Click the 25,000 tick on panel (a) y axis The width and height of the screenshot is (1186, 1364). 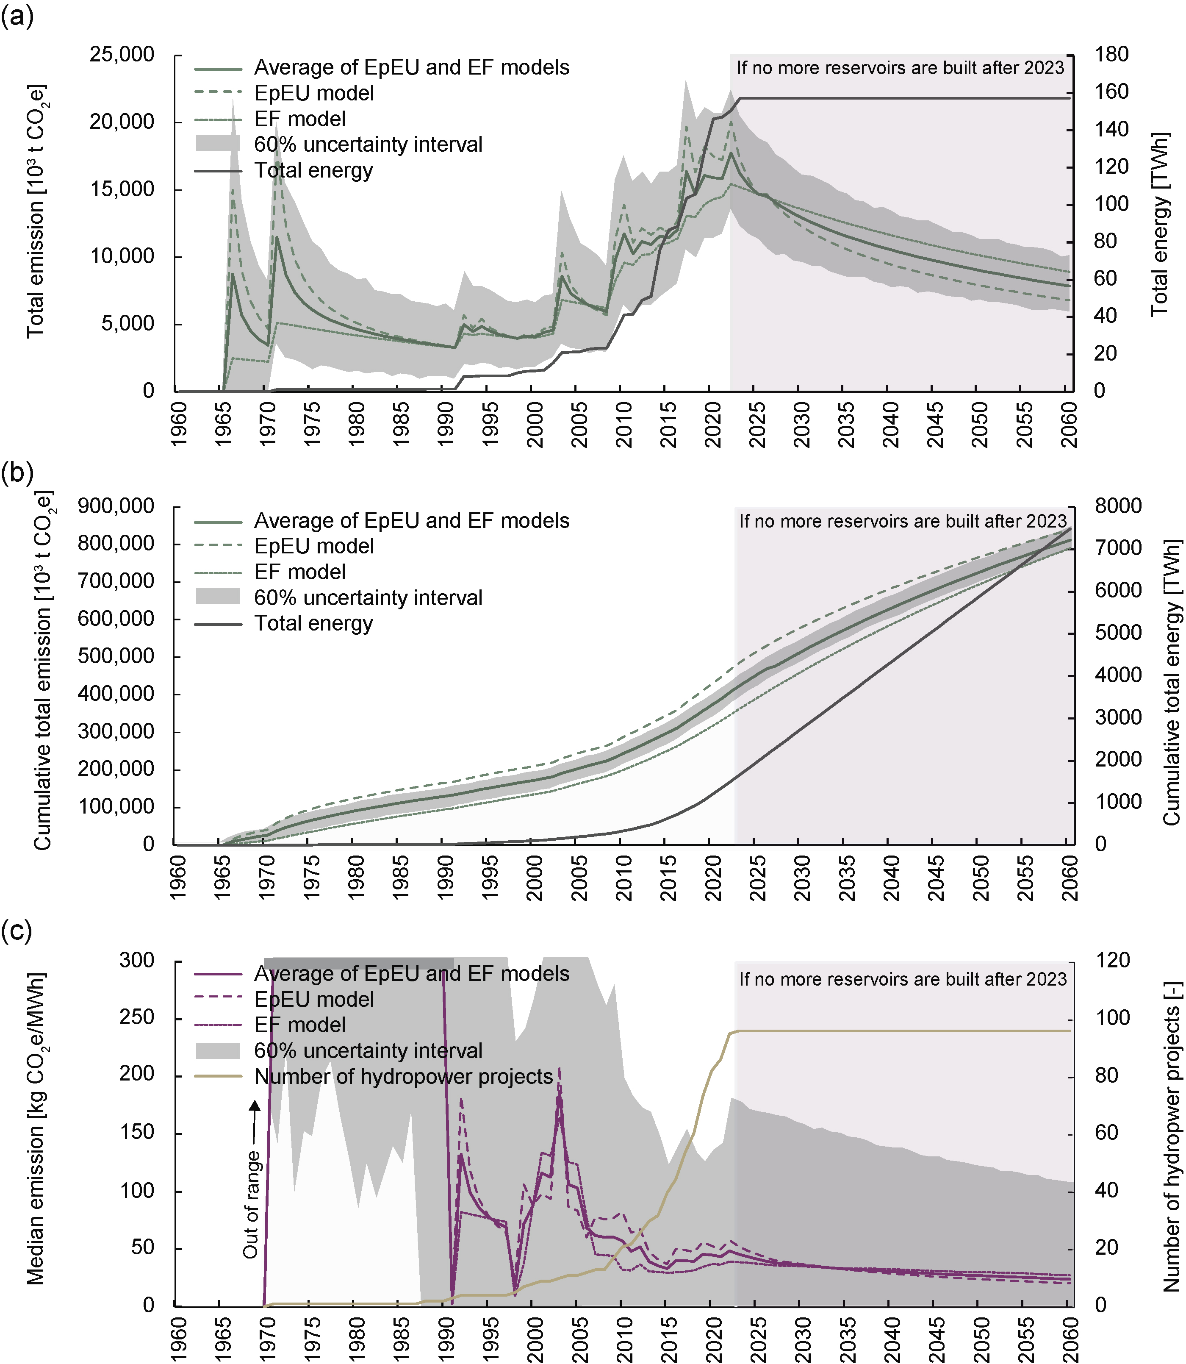point(122,54)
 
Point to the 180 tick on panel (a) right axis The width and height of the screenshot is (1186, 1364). point(1111,54)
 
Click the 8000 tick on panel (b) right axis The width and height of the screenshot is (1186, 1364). point(1118,506)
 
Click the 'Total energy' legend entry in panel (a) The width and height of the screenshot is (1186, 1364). point(313,171)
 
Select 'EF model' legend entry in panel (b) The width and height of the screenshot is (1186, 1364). point(300,572)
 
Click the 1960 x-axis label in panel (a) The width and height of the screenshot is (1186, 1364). point(179,424)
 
